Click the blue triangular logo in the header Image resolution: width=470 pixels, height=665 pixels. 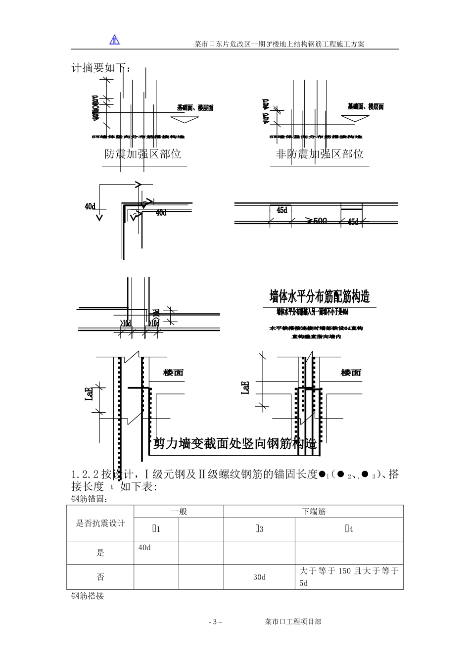pos(115,40)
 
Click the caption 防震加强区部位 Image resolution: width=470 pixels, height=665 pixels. pos(143,154)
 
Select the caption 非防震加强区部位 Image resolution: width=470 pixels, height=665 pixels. pos(320,154)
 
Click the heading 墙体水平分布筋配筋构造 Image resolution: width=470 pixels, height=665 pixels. pos(320,296)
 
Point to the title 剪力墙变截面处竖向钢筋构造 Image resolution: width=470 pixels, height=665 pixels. pos(235,444)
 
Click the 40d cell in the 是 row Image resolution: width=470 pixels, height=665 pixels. pos(144,548)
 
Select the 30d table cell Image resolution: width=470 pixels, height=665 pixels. pos(259,577)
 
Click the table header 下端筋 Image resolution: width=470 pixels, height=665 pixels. pos(314,512)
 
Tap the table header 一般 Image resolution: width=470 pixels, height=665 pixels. pos(179,512)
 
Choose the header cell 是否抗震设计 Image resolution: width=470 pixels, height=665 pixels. pos(100,523)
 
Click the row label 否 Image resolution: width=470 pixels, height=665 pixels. pos(100,577)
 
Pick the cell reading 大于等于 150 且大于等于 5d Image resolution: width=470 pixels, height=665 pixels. pos(349,577)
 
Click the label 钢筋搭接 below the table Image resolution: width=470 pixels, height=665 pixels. pos(88,596)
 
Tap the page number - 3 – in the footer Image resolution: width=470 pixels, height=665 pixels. pos(216,621)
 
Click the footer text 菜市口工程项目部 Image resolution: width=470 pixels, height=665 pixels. pos(293,621)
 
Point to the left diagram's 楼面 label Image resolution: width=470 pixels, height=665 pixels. pos(173,373)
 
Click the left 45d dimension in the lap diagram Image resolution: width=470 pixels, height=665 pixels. pos(282,210)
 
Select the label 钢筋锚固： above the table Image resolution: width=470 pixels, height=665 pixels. pos(90,499)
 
